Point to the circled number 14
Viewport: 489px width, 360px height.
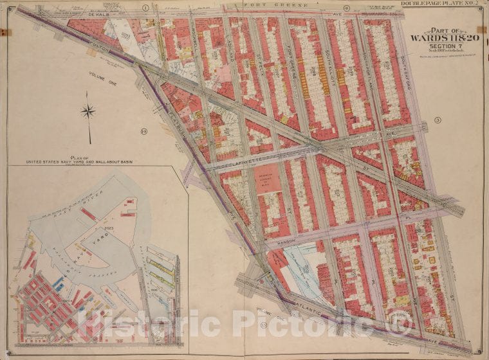point(143,131)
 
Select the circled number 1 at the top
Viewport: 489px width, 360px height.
point(146,7)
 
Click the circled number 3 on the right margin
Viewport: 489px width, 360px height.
point(436,120)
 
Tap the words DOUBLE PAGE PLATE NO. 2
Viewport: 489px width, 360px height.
point(441,4)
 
